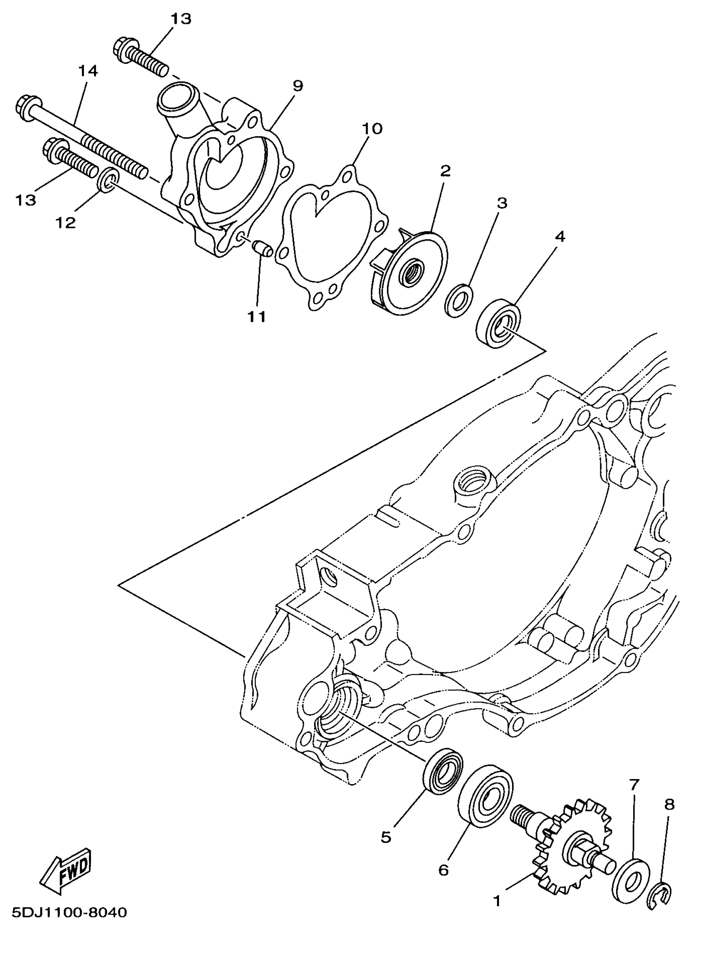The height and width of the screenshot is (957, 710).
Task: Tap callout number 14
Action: point(88,71)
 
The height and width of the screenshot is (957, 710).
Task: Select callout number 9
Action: point(298,86)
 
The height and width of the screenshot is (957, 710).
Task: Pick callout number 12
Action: point(66,222)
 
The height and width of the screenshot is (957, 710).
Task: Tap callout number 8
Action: point(669,805)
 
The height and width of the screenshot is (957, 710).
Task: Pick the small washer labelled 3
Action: point(459,299)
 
